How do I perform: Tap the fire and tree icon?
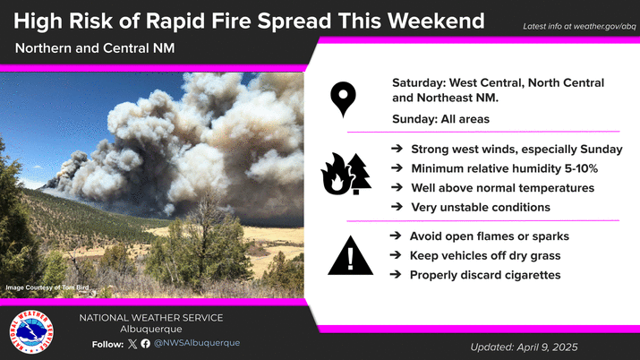[346, 174]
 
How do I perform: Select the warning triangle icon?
[350, 256]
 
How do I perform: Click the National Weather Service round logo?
[31, 332]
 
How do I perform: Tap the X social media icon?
[132, 344]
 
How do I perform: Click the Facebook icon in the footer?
[145, 344]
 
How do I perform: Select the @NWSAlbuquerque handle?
[197, 343]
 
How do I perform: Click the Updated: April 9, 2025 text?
[524, 347]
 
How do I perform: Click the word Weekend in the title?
[436, 21]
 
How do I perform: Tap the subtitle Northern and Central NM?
[95, 48]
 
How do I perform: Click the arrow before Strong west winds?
[397, 149]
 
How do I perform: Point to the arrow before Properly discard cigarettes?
[396, 274]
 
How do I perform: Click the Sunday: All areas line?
[440, 119]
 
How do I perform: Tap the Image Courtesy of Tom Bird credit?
[47, 287]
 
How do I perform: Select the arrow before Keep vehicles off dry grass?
[396, 255]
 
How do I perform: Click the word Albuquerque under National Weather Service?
[151, 329]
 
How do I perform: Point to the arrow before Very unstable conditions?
[397, 207]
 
